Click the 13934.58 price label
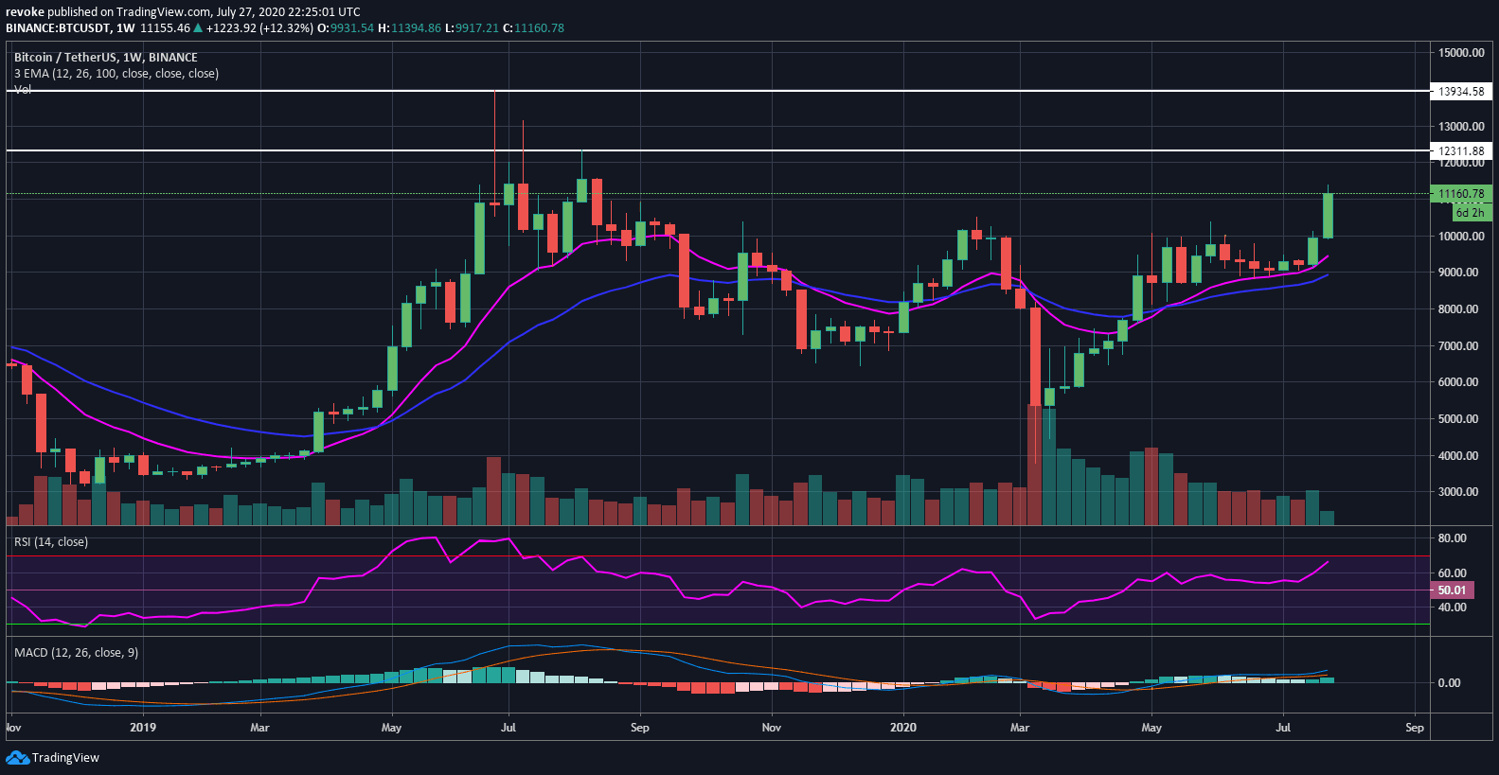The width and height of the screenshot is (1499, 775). [x=1461, y=92]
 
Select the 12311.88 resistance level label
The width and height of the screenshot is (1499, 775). [x=1461, y=151]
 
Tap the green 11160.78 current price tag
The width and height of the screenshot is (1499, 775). [x=1461, y=194]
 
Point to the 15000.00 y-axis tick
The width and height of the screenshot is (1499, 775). [x=1461, y=53]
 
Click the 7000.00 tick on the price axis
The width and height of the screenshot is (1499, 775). [x=1458, y=346]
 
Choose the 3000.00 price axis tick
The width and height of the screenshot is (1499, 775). [x=1458, y=492]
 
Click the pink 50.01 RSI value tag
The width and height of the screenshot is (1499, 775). [x=1452, y=590]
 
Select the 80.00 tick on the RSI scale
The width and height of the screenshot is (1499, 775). [x=1452, y=538]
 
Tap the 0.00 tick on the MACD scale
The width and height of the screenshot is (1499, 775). [x=1449, y=683]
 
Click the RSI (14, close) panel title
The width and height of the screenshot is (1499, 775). [x=50, y=542]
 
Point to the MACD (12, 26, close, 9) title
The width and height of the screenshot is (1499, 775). [x=76, y=653]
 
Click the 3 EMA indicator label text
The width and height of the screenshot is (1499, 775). [x=116, y=74]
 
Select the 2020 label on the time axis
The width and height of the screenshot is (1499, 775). [x=903, y=728]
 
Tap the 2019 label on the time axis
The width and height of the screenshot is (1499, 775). [x=143, y=728]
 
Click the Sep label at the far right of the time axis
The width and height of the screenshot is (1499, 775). [x=1414, y=728]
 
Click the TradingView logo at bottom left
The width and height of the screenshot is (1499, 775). [x=53, y=758]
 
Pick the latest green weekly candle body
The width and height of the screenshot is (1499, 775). [x=1329, y=216]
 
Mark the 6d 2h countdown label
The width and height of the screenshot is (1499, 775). [x=1470, y=213]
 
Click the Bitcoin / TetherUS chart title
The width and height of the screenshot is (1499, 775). [x=106, y=58]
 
